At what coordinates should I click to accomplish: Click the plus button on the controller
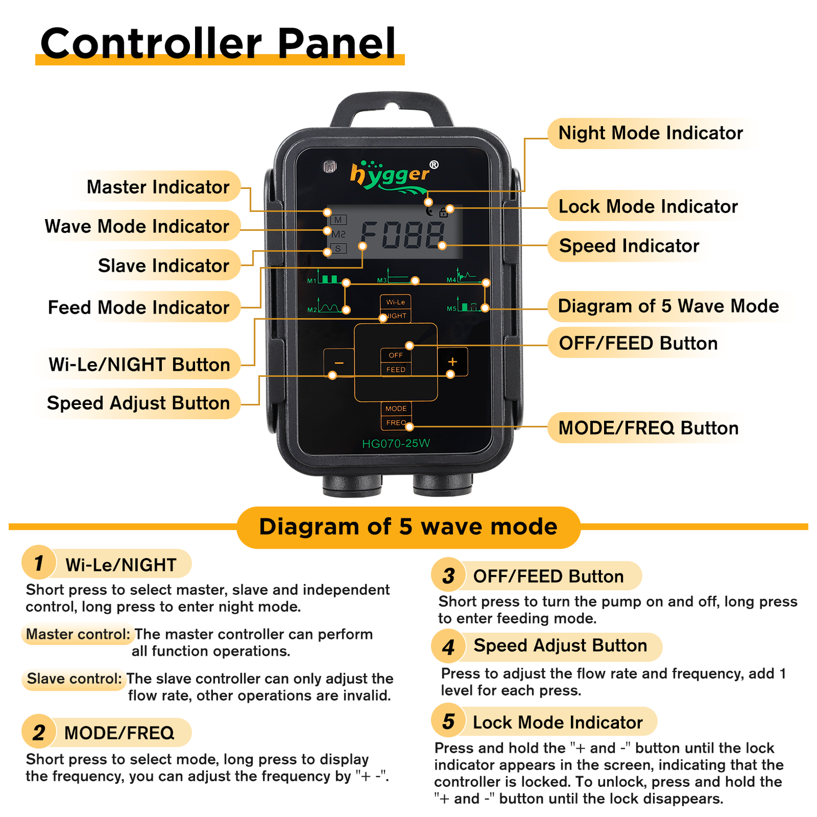(453, 361)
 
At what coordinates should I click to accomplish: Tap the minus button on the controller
(339, 362)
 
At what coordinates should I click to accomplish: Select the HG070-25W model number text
(396, 443)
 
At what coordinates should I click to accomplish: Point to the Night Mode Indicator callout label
(650, 133)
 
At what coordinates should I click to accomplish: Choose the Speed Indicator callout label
(629, 246)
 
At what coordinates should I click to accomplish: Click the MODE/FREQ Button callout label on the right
(648, 428)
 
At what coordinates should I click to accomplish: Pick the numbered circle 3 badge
(448, 575)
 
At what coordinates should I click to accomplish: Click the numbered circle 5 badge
(448, 721)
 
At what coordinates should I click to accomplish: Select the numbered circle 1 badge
(39, 563)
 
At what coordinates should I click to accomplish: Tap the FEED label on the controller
(396, 370)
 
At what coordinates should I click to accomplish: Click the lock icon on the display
(443, 212)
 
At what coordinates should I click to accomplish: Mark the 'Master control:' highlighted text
(78, 634)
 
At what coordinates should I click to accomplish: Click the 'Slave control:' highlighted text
(75, 679)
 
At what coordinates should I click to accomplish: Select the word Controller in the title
(151, 44)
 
